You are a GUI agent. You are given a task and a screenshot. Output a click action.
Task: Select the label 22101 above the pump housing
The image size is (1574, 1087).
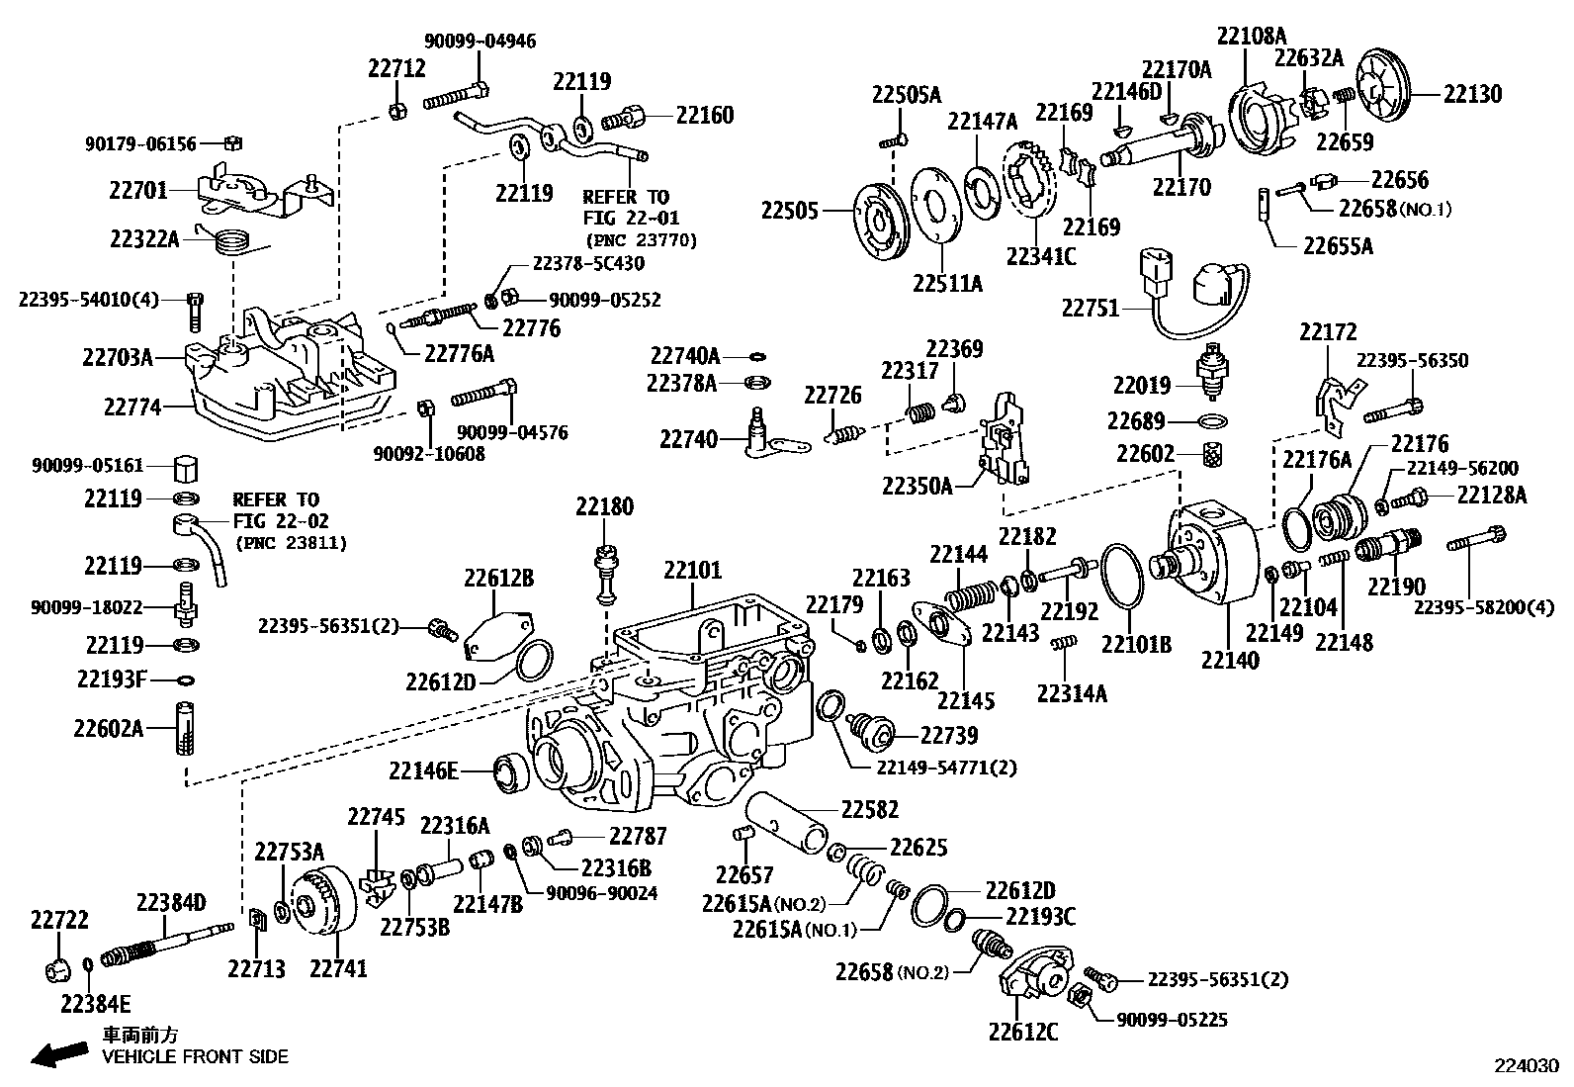(692, 571)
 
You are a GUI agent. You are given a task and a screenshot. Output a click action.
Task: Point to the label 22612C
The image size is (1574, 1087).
(1022, 1032)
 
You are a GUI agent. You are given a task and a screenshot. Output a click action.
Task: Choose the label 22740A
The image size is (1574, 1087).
(685, 355)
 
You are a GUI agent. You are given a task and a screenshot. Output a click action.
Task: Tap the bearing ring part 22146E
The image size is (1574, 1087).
(511, 770)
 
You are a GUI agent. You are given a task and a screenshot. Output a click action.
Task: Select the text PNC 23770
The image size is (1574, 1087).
(641, 240)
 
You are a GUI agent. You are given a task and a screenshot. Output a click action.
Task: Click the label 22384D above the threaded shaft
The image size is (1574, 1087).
(171, 902)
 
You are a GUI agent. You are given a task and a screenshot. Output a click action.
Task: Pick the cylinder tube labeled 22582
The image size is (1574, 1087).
(787, 821)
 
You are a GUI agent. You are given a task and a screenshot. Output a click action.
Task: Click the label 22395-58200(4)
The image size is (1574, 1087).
(1485, 607)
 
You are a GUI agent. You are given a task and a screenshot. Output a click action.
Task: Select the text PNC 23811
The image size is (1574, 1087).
(291, 543)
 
